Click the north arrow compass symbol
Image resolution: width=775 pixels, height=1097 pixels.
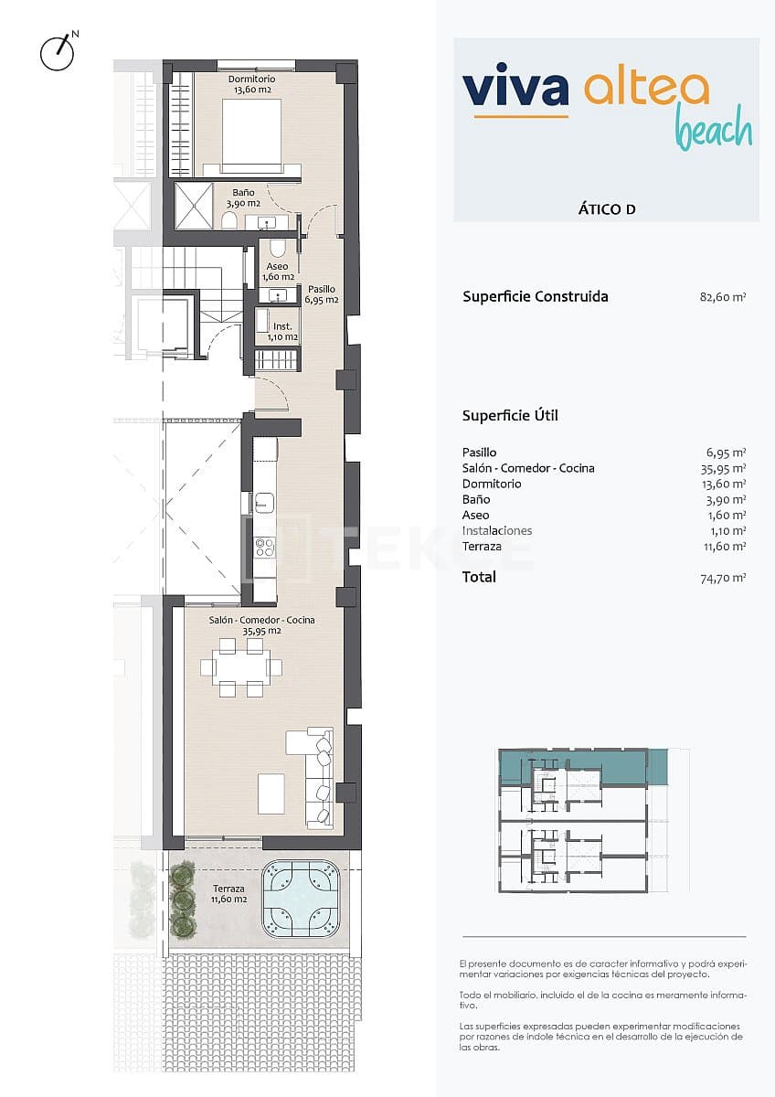point(58,52)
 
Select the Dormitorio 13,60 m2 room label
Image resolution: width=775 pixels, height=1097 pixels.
point(252,84)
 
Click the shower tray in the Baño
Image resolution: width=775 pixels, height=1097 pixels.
point(193,206)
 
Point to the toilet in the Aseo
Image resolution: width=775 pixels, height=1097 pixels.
point(278,248)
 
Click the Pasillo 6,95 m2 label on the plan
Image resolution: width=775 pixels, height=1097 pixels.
point(321,293)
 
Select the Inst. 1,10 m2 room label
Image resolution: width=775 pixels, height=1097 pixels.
point(282,331)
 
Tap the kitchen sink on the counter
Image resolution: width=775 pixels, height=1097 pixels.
point(265,501)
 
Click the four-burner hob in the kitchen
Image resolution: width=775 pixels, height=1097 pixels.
point(265,547)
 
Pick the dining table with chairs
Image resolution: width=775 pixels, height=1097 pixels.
point(242,667)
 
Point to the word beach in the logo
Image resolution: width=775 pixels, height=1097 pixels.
point(714,131)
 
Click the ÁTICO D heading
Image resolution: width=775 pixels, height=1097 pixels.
point(607,209)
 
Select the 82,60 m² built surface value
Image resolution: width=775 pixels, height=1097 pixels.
point(721,297)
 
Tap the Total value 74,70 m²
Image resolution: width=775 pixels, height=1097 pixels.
point(721,578)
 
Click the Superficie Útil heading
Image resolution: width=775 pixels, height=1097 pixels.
point(510,416)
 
